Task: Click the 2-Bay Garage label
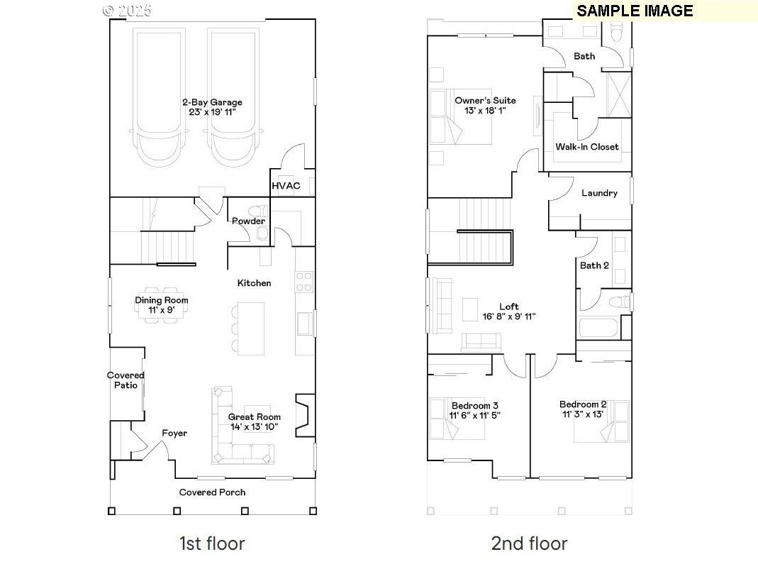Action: tap(212, 102)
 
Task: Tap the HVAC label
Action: tap(286, 186)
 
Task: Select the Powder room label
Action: tap(247, 221)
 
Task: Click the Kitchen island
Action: tap(250, 328)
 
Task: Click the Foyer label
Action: tap(174, 433)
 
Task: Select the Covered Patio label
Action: tap(126, 380)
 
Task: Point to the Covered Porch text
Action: tap(212, 492)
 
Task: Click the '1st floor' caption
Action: tap(211, 543)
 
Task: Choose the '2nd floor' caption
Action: tap(529, 543)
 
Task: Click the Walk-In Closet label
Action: tap(586, 147)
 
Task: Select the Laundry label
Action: tap(599, 193)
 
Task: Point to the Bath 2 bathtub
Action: tap(598, 328)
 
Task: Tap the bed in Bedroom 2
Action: tap(603, 421)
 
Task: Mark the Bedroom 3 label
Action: tap(474, 405)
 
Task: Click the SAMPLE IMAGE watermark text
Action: tap(634, 11)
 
